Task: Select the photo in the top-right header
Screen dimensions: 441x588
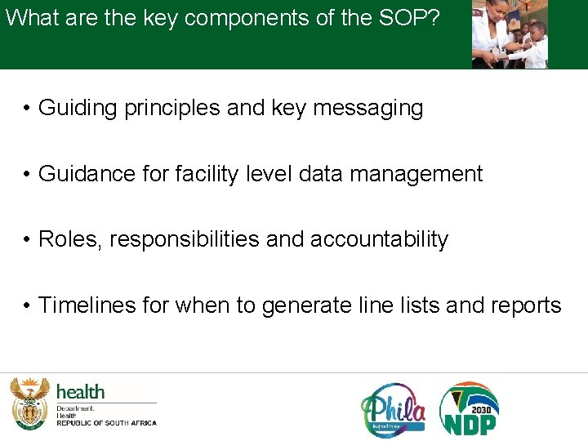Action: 510,34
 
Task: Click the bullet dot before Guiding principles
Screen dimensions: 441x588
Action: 27,109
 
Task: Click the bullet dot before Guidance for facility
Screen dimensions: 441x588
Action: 27,175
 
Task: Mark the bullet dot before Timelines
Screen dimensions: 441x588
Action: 27,306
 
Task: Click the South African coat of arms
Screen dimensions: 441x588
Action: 29,403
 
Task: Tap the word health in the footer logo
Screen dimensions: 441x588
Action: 80,392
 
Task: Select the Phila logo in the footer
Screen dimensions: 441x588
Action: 393,408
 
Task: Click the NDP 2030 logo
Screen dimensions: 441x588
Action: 470,408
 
